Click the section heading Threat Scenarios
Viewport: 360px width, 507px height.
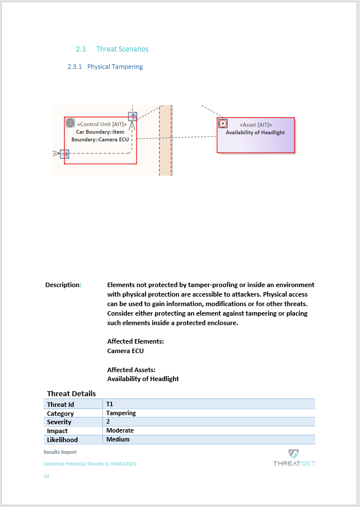122,49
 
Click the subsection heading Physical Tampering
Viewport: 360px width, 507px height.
115,67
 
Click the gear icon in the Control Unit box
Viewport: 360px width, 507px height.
70,123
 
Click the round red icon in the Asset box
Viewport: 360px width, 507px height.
223,124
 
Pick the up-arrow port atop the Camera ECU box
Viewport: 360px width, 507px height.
132,116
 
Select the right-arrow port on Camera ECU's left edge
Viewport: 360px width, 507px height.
64,153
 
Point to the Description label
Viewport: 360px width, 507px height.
63,285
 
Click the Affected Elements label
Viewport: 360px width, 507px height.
135,341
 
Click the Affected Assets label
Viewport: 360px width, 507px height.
131,370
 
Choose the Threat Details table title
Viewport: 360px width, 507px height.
71,394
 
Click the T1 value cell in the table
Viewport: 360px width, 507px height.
110,404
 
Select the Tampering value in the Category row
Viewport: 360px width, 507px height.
121,413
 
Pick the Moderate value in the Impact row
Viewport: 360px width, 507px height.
120,431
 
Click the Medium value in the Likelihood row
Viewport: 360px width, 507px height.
118,440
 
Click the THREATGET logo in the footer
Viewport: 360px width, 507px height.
294,457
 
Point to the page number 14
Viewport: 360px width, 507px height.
46,476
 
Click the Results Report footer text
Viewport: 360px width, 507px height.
60,452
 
